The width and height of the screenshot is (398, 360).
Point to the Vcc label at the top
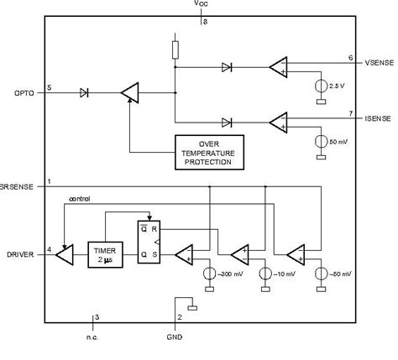[x=202, y=5]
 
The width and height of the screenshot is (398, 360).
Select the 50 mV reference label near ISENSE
[x=338, y=140]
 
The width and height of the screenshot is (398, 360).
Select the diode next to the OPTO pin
[x=83, y=91]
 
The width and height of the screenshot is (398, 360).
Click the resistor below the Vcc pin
[x=175, y=48]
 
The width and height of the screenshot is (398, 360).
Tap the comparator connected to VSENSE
[x=278, y=68]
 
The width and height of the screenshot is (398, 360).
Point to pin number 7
[x=351, y=112]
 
